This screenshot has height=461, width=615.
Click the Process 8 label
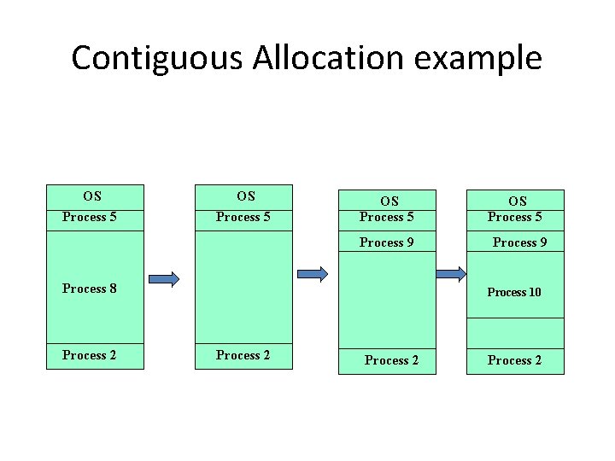coord(90,289)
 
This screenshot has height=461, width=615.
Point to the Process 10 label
coord(514,292)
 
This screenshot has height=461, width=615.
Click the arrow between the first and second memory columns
coord(164,278)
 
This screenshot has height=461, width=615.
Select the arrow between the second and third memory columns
coord(313,274)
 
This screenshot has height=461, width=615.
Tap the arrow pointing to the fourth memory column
coord(451,274)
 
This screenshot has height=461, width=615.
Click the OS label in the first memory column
coord(92,195)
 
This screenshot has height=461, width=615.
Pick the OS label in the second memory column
coord(246,195)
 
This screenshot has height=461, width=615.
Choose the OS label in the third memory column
coord(389,201)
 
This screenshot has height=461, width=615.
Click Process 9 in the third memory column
coord(387,242)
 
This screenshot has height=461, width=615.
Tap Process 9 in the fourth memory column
coord(520,242)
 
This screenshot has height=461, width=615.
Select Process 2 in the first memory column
coord(90,355)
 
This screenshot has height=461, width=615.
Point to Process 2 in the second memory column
coord(243,355)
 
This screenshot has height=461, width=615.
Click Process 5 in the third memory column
coord(387,217)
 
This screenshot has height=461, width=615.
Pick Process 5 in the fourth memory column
coord(515,217)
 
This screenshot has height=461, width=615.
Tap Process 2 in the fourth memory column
coord(515,360)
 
